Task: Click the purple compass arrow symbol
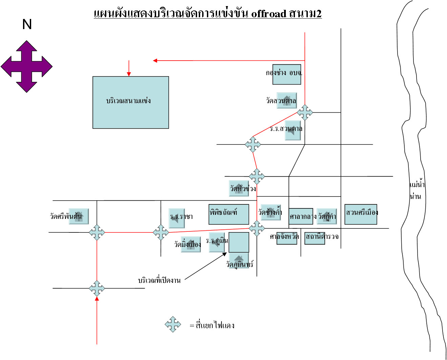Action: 26,66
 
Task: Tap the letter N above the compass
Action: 27,24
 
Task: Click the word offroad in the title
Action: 269,14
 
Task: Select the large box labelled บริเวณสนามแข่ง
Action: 131,102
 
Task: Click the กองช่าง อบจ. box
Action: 286,74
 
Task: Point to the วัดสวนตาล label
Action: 281,100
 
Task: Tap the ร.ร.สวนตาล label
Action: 286,129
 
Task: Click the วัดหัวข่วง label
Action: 243,188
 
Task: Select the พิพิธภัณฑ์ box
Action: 229,214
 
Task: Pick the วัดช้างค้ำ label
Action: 270,212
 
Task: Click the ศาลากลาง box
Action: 301,216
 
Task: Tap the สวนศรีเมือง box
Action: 361,214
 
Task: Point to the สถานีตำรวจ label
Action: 322,237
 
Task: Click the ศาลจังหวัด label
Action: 284,237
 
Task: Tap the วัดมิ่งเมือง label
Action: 188,244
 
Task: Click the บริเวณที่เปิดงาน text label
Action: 159,280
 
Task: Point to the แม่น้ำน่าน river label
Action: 417,190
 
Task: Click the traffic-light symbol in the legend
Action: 173,324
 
